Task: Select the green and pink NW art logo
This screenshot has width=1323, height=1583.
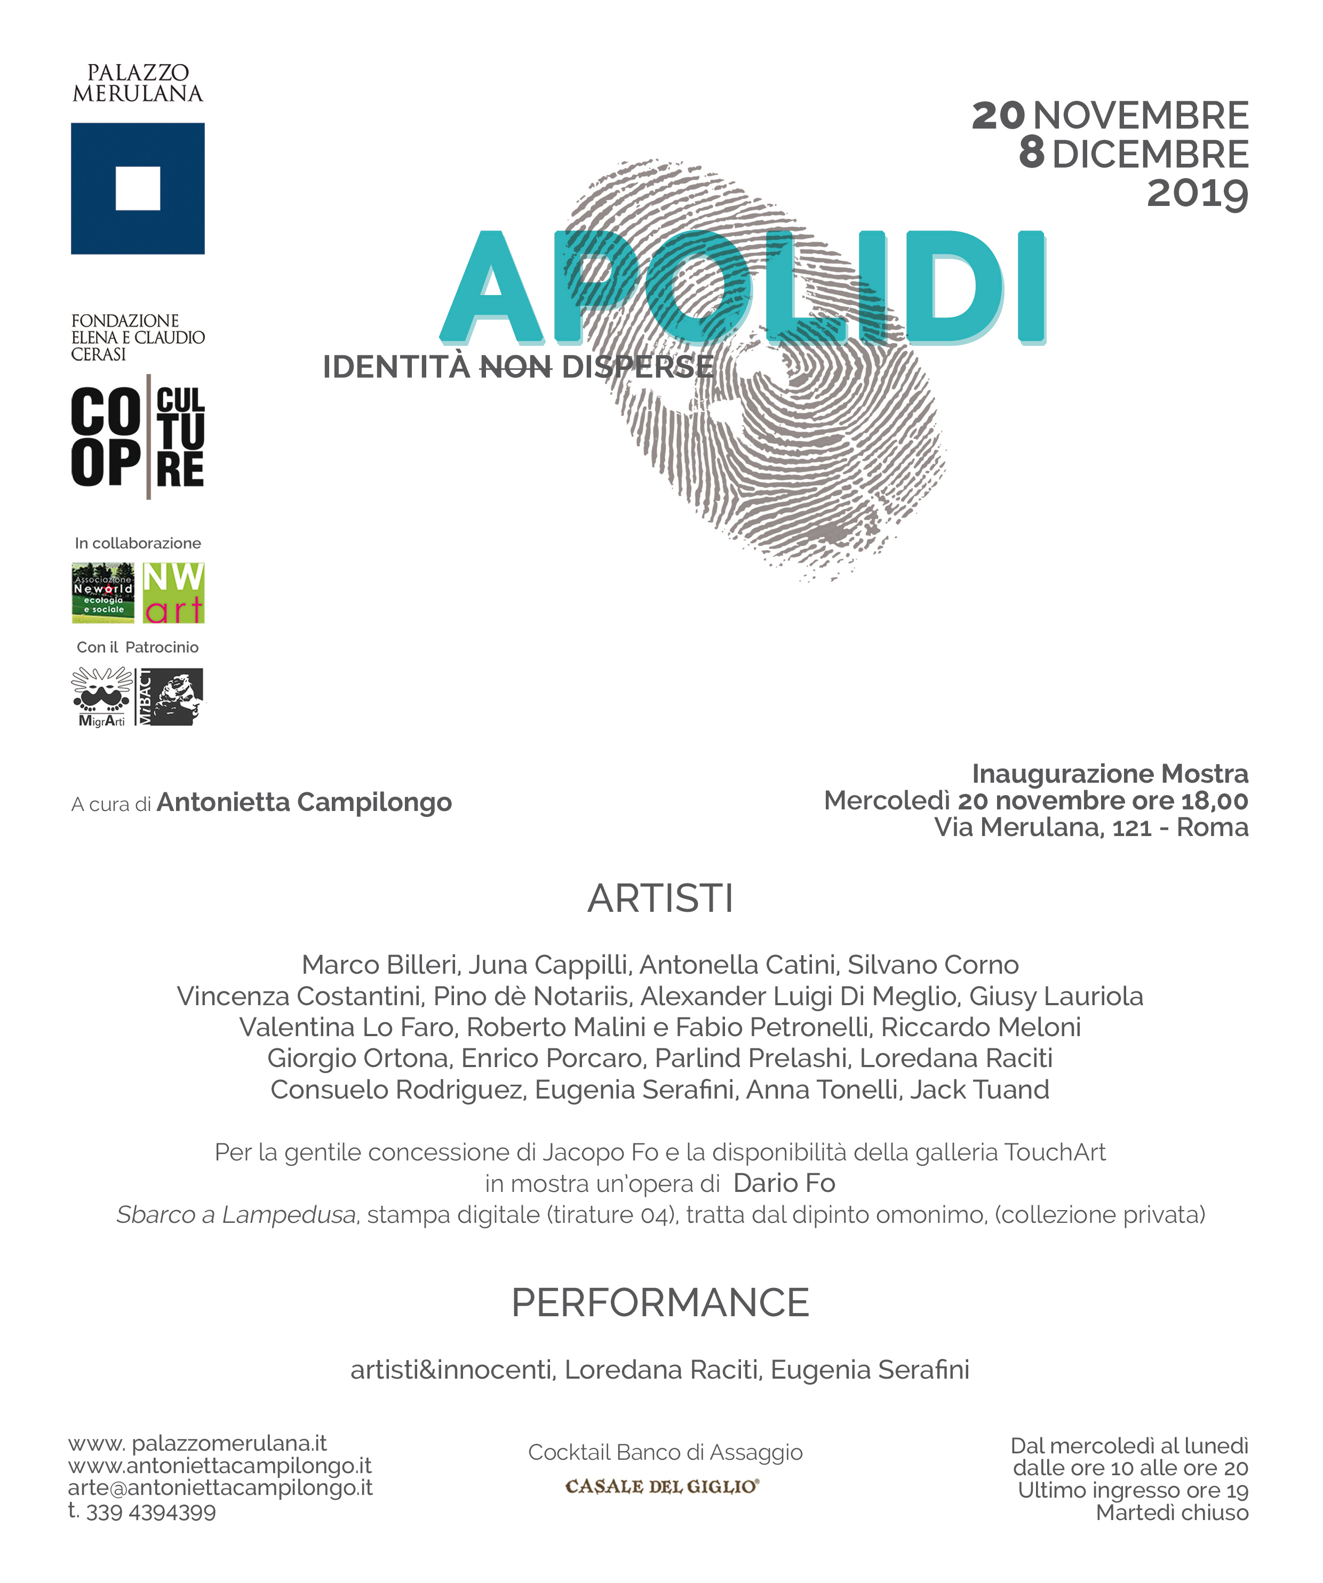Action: tap(173, 593)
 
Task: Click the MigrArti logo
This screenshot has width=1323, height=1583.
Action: tap(102, 697)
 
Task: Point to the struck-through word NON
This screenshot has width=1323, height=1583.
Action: tap(516, 367)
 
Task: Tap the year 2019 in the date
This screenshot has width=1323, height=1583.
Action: tap(1197, 194)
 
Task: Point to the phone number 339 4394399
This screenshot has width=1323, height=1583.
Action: tap(151, 1512)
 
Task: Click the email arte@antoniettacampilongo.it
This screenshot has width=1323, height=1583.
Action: tap(220, 1487)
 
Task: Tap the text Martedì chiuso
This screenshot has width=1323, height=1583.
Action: tap(1171, 1512)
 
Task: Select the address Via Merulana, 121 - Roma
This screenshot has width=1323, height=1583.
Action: tap(1091, 827)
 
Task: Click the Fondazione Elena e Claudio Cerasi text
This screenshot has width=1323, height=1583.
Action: tap(137, 337)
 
